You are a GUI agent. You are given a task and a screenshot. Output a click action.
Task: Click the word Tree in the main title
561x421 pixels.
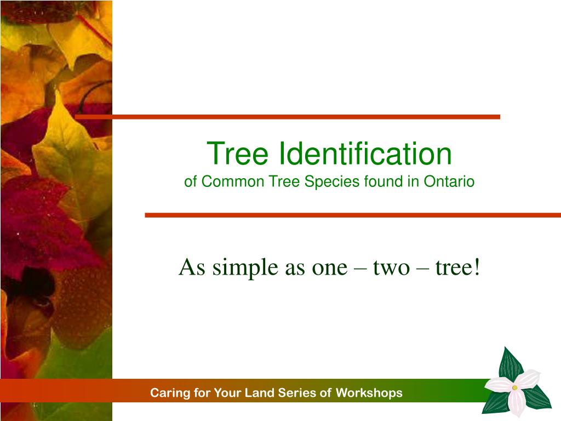pyautogui.click(x=237, y=153)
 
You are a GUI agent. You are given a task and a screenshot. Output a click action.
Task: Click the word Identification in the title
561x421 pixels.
pyautogui.click(x=365, y=153)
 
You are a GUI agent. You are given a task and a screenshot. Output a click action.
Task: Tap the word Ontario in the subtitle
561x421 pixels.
pyautogui.click(x=449, y=181)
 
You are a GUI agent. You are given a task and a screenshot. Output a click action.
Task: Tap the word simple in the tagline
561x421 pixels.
pyautogui.click(x=245, y=268)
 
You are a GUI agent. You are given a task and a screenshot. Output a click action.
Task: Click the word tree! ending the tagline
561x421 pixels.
pyautogui.click(x=457, y=268)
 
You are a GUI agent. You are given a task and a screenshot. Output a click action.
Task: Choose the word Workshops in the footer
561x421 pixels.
pyautogui.click(x=369, y=393)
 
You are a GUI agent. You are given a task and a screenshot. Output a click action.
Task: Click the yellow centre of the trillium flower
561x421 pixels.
pyautogui.click(x=515, y=388)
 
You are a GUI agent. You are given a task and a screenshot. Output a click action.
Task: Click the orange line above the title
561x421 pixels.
pyautogui.click(x=287, y=117)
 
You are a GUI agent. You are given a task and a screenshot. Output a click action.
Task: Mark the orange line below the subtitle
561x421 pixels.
pyautogui.click(x=353, y=215)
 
